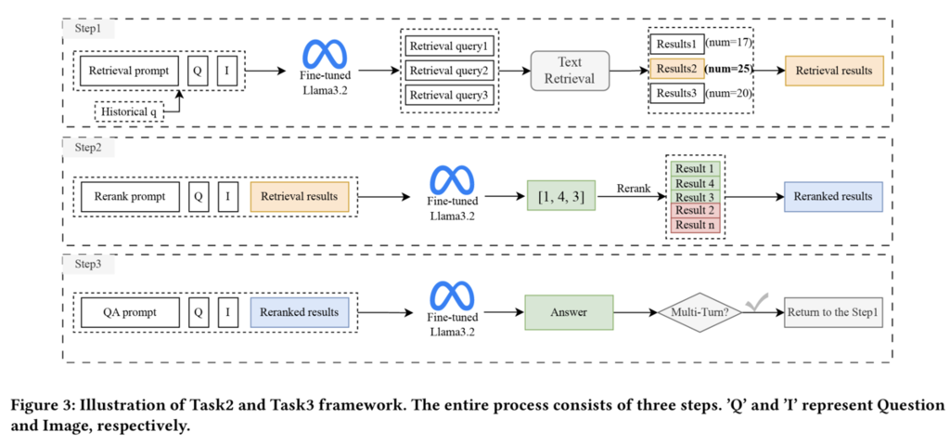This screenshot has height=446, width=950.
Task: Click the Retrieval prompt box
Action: click(129, 70)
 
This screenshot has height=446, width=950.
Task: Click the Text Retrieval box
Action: click(571, 70)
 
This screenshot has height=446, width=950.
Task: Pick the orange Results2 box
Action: click(674, 69)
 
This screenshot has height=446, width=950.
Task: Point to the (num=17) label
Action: click(728, 44)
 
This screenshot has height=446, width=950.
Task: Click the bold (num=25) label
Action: click(729, 69)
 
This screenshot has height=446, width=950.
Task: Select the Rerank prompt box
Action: click(129, 197)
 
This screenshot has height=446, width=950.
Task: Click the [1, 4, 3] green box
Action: click(561, 196)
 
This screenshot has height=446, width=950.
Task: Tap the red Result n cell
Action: click(694, 225)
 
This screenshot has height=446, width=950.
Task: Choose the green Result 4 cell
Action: click(694, 183)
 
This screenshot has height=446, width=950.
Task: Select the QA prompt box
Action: click(129, 313)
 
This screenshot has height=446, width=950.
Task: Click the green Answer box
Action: click(570, 313)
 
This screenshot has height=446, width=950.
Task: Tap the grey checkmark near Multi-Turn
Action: click(759, 298)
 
